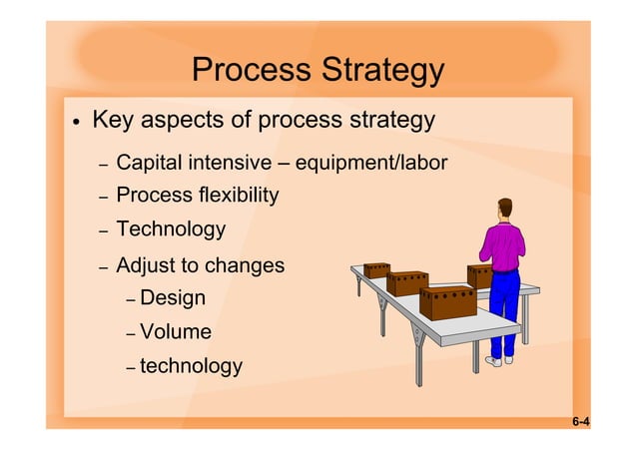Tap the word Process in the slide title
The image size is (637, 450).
click(x=251, y=71)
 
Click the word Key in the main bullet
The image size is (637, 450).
click(x=113, y=121)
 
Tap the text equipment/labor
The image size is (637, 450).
click(x=370, y=163)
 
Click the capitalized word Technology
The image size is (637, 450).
click(x=171, y=229)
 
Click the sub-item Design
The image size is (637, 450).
click(x=173, y=298)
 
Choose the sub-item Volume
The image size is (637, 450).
click(x=176, y=332)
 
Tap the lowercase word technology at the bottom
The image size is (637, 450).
click(x=191, y=366)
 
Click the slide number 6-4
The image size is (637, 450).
click(x=580, y=423)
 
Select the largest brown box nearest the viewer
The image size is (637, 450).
click(x=447, y=301)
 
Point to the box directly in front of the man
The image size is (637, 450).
click(x=479, y=275)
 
